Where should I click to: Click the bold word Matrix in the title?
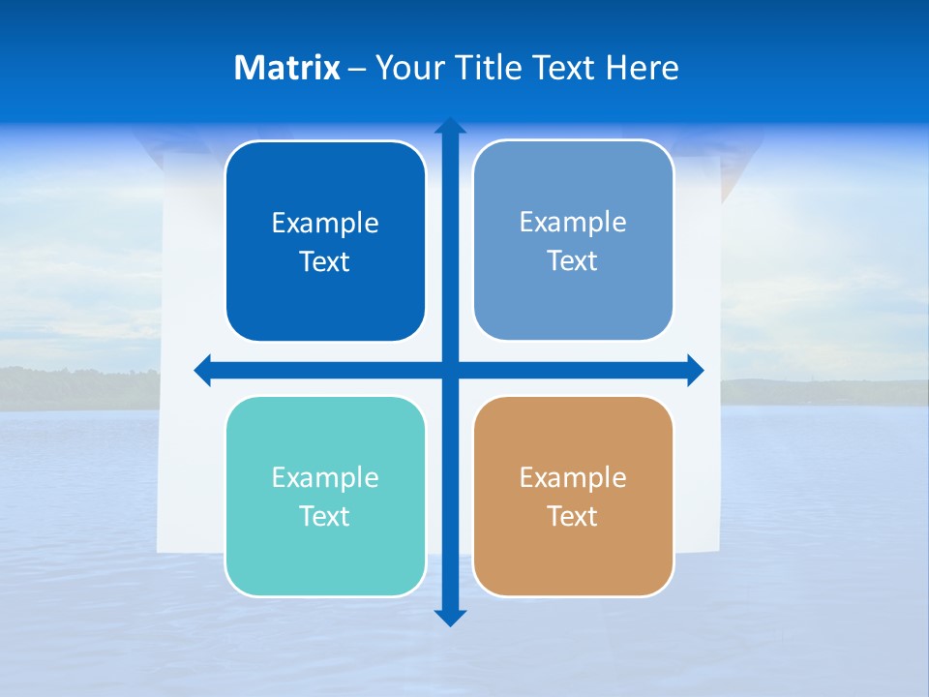(x=287, y=68)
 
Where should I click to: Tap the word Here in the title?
(x=642, y=68)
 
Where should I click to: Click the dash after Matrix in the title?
(x=357, y=69)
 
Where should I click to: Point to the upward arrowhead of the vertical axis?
(x=450, y=127)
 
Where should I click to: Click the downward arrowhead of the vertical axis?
(x=450, y=618)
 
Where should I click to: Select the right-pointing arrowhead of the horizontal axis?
(x=695, y=370)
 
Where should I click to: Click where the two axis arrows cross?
(x=450, y=370)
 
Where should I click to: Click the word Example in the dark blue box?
(x=325, y=224)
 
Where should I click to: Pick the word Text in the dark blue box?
(x=325, y=262)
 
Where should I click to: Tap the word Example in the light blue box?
(x=573, y=223)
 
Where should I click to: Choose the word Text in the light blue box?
(x=573, y=261)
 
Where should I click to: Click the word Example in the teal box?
(x=325, y=478)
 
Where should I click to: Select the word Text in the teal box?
(x=325, y=517)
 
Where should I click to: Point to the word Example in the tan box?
(x=573, y=478)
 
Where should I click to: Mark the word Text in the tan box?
(x=573, y=517)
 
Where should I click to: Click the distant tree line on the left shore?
(x=77, y=387)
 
